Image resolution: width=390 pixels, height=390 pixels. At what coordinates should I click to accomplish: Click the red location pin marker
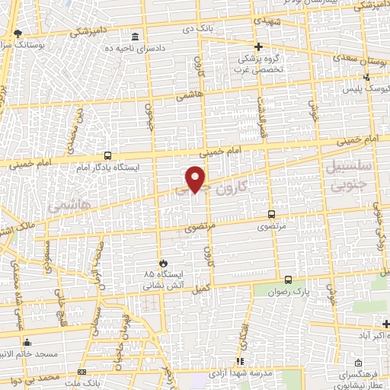pyautogui.click(x=197, y=179)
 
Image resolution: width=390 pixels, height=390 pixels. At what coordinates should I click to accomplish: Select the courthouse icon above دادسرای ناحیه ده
pyautogui.click(x=136, y=37)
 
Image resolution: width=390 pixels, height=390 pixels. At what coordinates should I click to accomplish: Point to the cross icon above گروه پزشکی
pyautogui.click(x=258, y=46)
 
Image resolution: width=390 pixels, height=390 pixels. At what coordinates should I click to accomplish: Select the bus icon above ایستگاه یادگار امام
pyautogui.click(x=107, y=154)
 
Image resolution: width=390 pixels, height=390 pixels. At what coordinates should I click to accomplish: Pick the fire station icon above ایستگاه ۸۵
pyautogui.click(x=161, y=261)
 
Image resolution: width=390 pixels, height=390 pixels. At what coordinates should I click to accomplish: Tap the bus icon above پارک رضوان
pyautogui.click(x=287, y=280)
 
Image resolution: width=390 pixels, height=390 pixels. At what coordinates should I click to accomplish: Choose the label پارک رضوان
pyautogui.click(x=291, y=292)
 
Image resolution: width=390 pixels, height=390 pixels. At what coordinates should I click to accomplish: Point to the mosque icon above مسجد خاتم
pyautogui.click(x=28, y=342)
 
